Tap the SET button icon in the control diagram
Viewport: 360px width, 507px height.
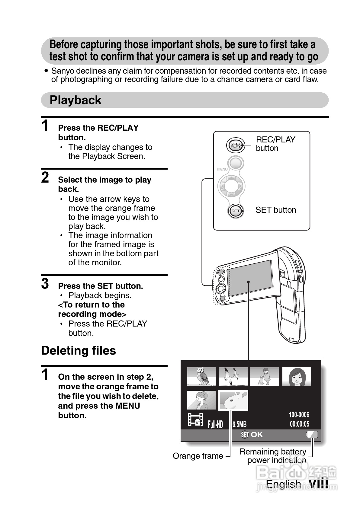click(235, 211)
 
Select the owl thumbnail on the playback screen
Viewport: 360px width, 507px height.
click(201, 376)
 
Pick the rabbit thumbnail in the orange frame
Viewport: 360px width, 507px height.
click(233, 400)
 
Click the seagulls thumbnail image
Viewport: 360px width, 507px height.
click(233, 376)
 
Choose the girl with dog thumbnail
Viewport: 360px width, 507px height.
click(265, 376)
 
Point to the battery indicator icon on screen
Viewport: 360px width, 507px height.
click(312, 434)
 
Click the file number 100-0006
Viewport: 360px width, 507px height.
click(299, 415)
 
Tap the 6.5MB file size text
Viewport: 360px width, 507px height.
click(239, 424)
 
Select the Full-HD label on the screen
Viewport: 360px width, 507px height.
click(215, 425)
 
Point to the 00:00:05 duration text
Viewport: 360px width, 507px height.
click(299, 424)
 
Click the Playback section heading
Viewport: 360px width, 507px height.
click(76, 100)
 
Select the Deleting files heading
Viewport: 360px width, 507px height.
click(79, 351)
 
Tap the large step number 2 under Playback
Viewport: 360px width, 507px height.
click(45, 177)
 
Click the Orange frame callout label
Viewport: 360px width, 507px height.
click(198, 456)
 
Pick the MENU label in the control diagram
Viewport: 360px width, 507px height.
click(223, 169)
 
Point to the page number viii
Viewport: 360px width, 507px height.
click(319, 483)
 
